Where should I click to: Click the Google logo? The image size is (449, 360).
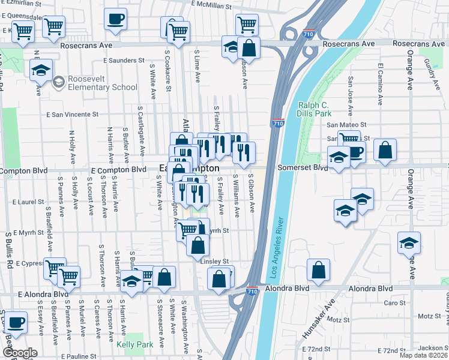click(x=20, y=353)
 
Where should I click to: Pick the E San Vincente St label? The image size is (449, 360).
click(x=72, y=114)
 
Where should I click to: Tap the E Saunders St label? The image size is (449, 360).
click(x=124, y=61)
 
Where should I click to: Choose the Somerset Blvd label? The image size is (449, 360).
click(x=302, y=169)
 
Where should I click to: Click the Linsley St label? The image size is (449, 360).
click(x=215, y=261)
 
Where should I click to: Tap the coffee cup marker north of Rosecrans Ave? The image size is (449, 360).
click(x=115, y=18)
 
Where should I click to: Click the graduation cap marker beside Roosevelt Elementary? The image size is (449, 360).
click(x=41, y=70)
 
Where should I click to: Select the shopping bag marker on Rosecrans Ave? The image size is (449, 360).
click(x=248, y=48)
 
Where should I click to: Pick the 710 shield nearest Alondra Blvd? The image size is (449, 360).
click(x=252, y=291)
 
